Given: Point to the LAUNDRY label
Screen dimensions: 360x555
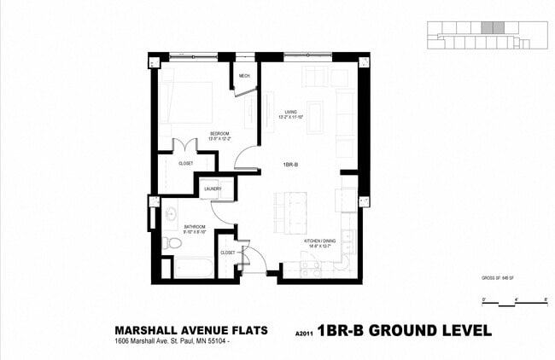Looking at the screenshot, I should coord(213,189).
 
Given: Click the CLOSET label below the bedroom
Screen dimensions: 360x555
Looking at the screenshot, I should coord(185,163).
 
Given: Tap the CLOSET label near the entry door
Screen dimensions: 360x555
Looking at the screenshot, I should coord(228,253).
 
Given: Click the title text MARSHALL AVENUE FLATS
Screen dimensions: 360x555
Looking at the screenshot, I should coord(191,330).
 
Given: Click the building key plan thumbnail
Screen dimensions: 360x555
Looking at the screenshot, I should coord(482,35).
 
